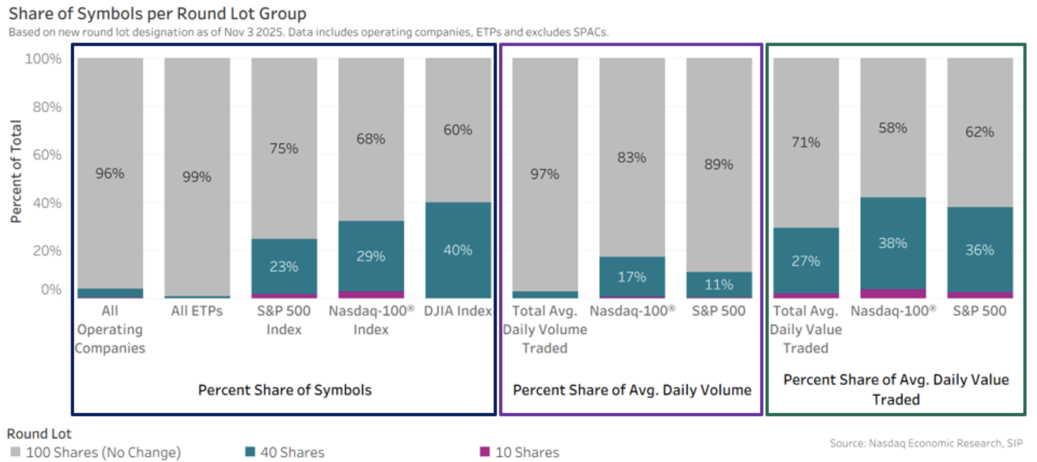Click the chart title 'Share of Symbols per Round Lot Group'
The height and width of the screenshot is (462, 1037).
pos(157,13)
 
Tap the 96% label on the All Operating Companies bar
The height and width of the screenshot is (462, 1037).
pos(111,173)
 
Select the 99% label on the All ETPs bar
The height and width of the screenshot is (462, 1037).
pos(197,176)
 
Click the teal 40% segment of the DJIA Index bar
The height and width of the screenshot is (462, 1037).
pos(458,250)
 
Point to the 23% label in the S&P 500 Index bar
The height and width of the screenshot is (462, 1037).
pos(284,266)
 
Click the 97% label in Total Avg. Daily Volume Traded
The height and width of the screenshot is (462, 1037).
pos(545,173)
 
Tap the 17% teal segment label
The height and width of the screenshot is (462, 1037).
pos(632,276)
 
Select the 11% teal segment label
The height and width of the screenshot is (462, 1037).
pos(718,284)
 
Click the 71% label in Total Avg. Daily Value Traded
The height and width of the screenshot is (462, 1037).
pos(805,142)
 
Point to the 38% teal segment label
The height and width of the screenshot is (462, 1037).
pos(892,243)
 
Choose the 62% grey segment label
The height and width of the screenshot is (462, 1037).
pos(979,132)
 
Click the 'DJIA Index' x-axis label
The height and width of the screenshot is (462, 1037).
pos(458,311)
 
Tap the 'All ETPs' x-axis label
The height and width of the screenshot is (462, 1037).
pos(197,311)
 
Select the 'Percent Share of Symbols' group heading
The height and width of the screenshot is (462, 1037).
pos(285,390)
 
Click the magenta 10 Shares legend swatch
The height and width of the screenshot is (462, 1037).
pos(485,452)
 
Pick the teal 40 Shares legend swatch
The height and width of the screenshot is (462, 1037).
pos(250,452)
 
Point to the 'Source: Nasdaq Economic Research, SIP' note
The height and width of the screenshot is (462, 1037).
pos(926,443)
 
